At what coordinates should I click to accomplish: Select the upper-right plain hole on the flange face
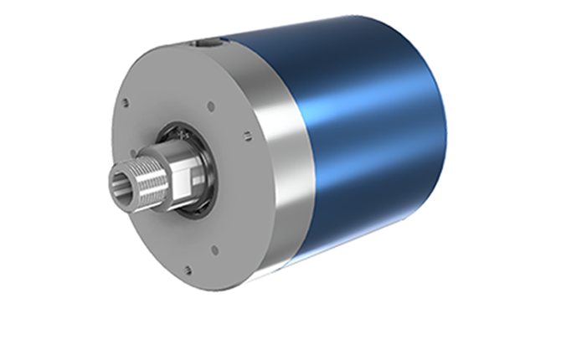[211, 106]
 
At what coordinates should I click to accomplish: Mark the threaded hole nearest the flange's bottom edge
[188, 269]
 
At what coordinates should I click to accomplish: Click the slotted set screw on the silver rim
[247, 133]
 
